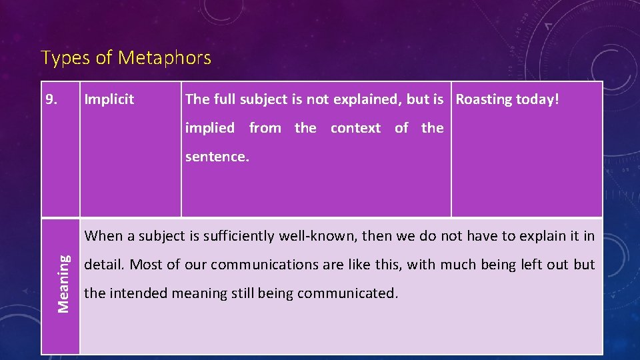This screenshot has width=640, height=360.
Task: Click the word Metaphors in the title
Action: [x=165, y=59]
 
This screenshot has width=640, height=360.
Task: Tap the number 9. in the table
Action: [x=51, y=100]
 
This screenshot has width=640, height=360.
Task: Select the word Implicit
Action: [x=109, y=100]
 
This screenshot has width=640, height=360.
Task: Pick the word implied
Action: [x=210, y=128]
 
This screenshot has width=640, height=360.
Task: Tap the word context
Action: [x=355, y=128]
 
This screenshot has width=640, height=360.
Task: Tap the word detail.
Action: [x=104, y=265]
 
